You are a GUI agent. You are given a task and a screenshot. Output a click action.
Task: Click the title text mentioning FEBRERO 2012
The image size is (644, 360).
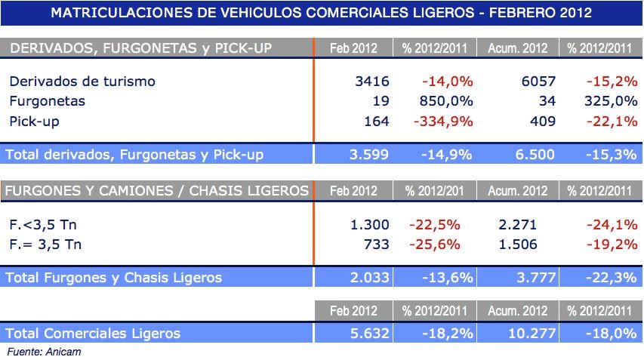321,13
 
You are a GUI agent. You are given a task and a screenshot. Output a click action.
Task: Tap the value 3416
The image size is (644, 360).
371,81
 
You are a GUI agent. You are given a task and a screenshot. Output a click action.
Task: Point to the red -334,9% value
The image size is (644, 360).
440,120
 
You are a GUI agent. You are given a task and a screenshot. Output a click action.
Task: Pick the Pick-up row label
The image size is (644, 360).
35,120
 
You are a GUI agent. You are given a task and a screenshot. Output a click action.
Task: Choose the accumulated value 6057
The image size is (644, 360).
538,81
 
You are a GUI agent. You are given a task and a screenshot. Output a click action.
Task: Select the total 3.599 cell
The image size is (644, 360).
369,154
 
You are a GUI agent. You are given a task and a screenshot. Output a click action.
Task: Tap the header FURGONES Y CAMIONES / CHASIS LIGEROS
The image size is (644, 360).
156,190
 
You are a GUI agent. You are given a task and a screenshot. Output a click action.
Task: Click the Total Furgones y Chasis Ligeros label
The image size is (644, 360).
114,277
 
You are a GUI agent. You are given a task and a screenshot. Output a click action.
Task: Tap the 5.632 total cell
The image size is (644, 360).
369,333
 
